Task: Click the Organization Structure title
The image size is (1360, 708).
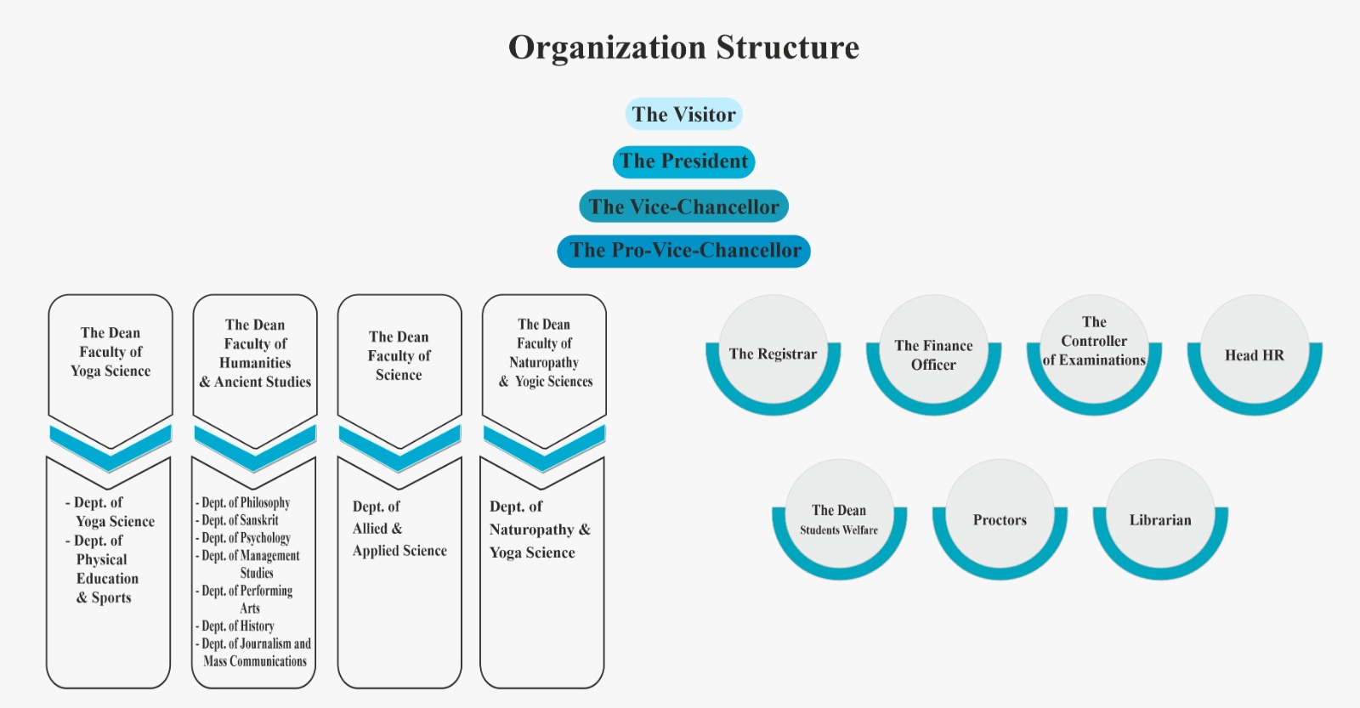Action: (x=683, y=48)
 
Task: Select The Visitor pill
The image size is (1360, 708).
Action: (x=683, y=114)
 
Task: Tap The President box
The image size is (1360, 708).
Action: (x=683, y=161)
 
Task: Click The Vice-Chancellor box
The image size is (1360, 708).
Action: (x=683, y=207)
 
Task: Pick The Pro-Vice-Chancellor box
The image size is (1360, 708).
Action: (x=684, y=251)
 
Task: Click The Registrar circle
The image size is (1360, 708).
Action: (x=773, y=354)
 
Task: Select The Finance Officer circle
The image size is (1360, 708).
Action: (x=933, y=354)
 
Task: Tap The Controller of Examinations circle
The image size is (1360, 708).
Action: (x=1094, y=342)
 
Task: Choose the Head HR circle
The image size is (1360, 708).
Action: (x=1254, y=355)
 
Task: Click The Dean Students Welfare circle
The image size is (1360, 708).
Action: (x=839, y=518)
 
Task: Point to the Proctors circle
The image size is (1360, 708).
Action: (x=1000, y=519)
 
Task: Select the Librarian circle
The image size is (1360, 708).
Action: (x=1160, y=519)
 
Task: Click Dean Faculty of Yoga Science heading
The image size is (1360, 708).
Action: (x=110, y=352)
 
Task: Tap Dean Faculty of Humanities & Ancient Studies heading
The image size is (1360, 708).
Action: (x=255, y=354)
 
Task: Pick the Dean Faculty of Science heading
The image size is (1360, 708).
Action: (x=399, y=355)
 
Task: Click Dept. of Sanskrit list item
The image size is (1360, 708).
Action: (x=240, y=520)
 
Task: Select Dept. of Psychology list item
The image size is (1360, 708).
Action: (x=246, y=538)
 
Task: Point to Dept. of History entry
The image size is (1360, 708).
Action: (x=237, y=626)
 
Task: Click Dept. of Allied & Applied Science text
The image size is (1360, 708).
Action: (x=399, y=529)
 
